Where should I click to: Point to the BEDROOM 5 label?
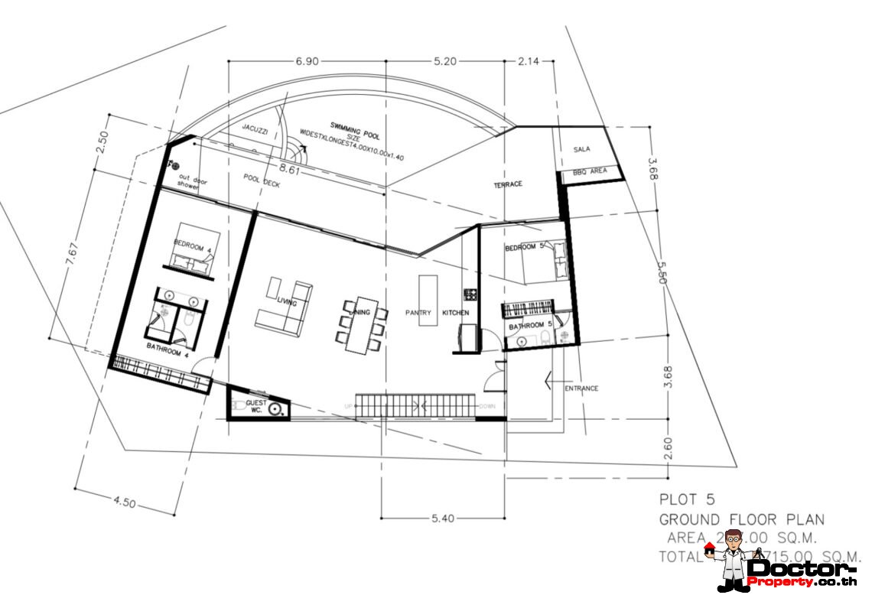pos(525,248)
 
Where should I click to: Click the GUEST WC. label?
pos(255,406)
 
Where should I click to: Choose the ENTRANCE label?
pos(581,389)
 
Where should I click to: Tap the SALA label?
pos(582,149)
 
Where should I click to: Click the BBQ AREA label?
pos(589,171)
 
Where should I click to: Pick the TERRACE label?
pos(507,185)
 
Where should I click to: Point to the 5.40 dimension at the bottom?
pos(443,519)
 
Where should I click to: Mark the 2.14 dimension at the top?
pos(529,61)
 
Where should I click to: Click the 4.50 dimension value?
pos(124,503)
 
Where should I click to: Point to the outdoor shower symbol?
pos(175,164)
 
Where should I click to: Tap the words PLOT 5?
pos(687,499)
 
